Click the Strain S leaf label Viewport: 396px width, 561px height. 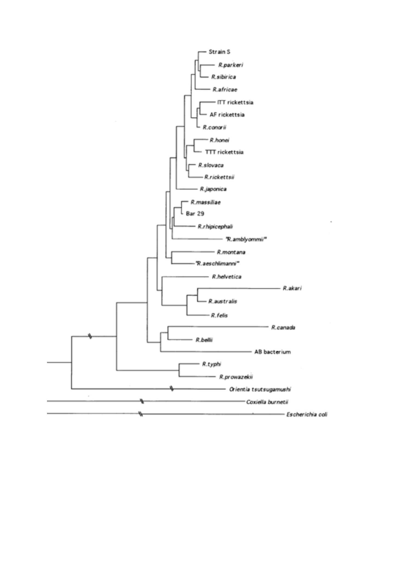tap(219, 52)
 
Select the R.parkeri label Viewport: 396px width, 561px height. tap(231, 65)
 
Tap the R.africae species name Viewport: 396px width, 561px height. tap(225, 89)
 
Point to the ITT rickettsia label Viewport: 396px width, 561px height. tap(235, 102)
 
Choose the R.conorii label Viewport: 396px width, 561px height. tap(215, 127)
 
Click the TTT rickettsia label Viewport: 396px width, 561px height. tap(224, 152)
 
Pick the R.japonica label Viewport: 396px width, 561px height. tap(213, 189)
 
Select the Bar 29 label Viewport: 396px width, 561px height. tap(195, 214)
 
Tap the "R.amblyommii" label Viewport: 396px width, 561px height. tap(246, 239)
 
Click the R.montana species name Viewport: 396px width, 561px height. tap(231, 252)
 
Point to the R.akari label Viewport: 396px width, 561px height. tap(292, 288)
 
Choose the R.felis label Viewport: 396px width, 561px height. tap(219, 316)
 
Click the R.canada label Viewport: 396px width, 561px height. tap(283, 328)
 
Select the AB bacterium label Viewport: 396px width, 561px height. tap(272, 352)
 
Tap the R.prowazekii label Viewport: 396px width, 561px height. tap(236, 377)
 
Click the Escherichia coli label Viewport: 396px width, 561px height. tap(307, 415)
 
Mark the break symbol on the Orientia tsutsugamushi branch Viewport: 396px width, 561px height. tap(172, 388)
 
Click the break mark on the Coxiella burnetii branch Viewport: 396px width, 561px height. tap(142, 401)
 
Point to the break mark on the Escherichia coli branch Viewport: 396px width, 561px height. tap(140, 414)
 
